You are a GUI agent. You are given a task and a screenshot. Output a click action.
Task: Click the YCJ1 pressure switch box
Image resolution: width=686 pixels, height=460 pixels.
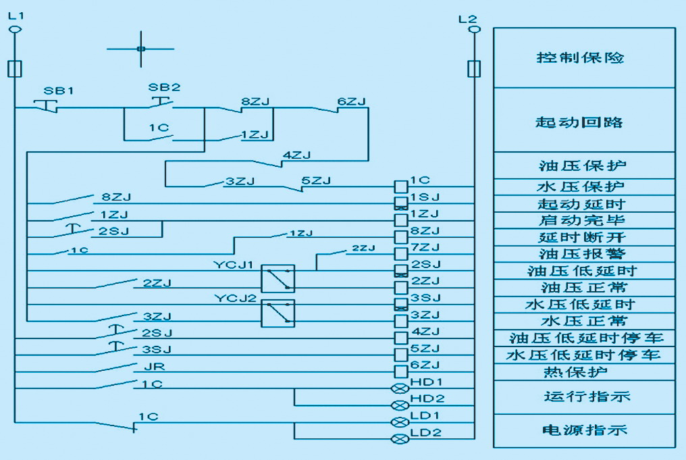tap(278, 278)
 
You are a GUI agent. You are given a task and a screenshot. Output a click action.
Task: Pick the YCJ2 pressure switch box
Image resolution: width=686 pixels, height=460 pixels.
tap(278, 313)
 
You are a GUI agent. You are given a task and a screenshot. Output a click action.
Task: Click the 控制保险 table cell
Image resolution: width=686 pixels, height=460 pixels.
tap(584, 57)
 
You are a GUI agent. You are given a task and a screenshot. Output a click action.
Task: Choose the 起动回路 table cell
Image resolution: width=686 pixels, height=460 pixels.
tap(584, 122)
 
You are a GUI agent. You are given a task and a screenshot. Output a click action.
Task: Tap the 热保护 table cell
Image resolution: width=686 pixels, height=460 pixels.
tap(584, 372)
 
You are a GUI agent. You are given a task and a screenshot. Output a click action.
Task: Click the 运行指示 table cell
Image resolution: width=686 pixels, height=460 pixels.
tap(584, 397)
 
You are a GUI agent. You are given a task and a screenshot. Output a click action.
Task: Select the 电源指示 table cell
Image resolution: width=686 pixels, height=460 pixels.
tap(584, 430)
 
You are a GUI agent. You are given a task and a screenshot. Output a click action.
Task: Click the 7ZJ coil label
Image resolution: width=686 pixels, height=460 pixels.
tap(425, 248)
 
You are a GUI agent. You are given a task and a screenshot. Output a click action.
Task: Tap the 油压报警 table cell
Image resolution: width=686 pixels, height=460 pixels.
tap(584, 254)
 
